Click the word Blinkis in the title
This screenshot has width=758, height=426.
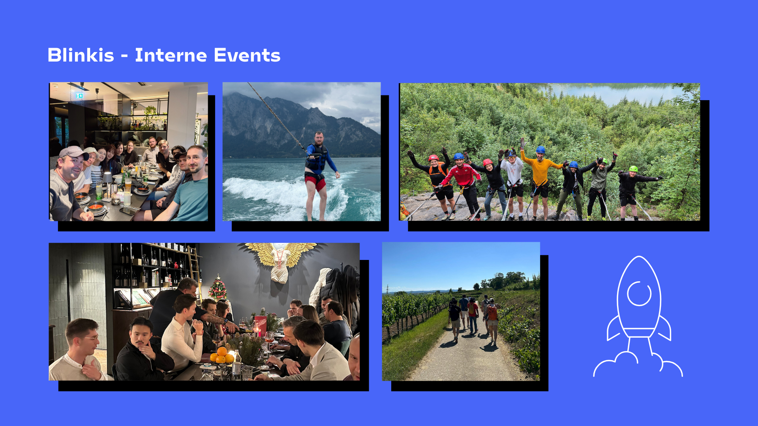tap(81, 55)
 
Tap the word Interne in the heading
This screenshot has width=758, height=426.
tap(171, 55)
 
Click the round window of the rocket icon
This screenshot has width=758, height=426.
tap(639, 293)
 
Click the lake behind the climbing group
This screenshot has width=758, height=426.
tap(616, 94)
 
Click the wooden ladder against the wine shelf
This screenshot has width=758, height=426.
tap(195, 272)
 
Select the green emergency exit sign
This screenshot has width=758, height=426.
tap(79, 95)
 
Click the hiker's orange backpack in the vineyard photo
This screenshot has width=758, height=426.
tap(492, 313)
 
